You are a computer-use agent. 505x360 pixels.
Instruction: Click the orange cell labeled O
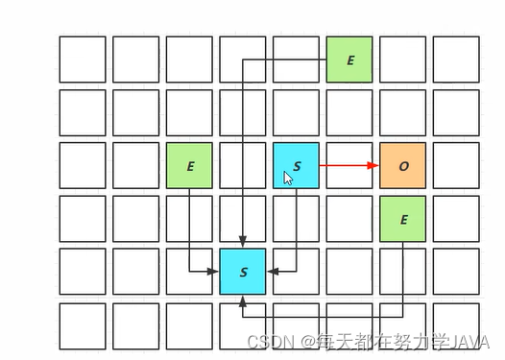point(403,166)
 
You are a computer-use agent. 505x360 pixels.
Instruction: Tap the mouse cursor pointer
point(287,177)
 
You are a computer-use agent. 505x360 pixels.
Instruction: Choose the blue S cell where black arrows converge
point(243,272)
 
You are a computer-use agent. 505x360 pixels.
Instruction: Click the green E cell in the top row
point(349,60)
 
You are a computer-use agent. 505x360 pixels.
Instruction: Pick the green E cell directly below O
point(403,219)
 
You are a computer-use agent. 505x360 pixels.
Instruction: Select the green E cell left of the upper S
point(189,166)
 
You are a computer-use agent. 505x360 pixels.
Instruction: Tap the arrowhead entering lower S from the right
point(273,272)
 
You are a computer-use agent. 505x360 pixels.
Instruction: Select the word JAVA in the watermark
point(471,342)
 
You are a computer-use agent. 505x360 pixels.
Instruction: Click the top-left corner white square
point(83,60)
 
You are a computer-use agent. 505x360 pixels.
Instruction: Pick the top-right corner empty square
point(456,60)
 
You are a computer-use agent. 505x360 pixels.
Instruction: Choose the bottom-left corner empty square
point(83,325)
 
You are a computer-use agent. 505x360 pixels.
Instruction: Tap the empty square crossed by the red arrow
point(349,166)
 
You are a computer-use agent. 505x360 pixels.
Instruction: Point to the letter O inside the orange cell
point(403,166)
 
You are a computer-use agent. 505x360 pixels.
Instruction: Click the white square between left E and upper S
point(243,166)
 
